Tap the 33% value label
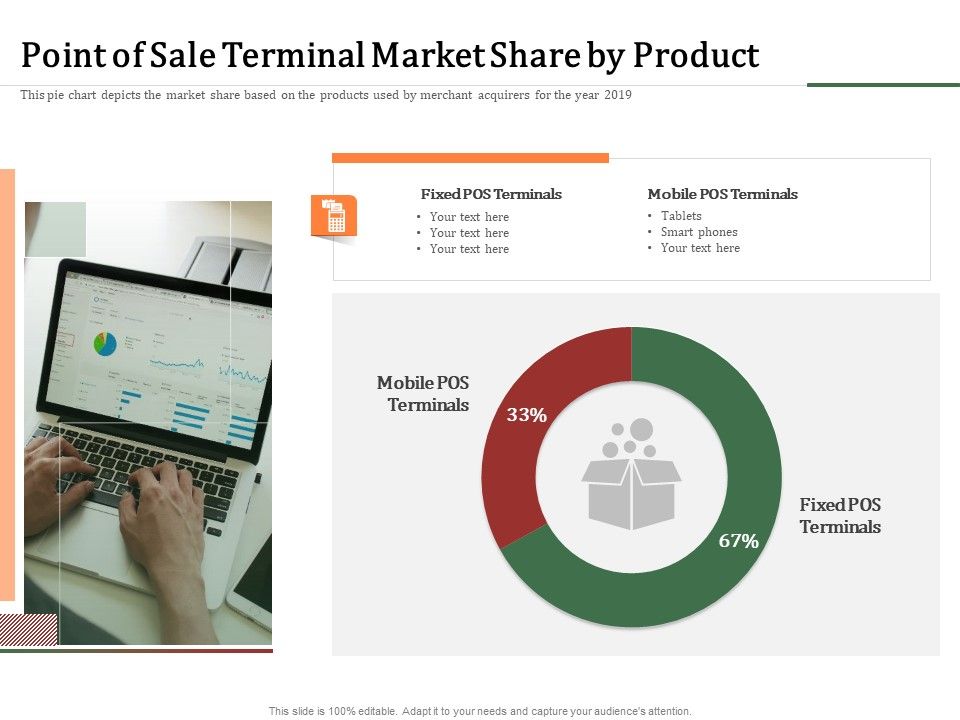pyautogui.click(x=527, y=415)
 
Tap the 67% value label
pyautogui.click(x=739, y=541)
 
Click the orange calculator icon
pyautogui.click(x=334, y=216)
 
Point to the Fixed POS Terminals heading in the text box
pyautogui.click(x=491, y=194)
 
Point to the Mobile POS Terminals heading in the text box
pyautogui.click(x=722, y=194)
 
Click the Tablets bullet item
pyautogui.click(x=681, y=216)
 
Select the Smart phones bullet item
pyautogui.click(x=699, y=232)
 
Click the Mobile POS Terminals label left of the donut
pyautogui.click(x=423, y=394)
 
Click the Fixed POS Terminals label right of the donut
pyautogui.click(x=840, y=516)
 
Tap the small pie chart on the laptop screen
pyautogui.click(x=105, y=344)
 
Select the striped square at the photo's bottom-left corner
pyautogui.click(x=28, y=629)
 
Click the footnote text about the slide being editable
pyautogui.click(x=480, y=711)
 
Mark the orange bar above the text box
pyautogui.click(x=470, y=158)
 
